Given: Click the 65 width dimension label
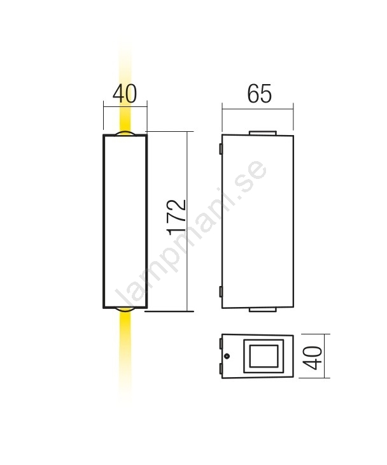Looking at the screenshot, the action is (259, 94).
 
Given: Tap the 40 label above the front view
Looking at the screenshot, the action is (125, 94).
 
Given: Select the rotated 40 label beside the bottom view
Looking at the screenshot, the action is (314, 357).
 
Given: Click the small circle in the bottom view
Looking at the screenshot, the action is (227, 356).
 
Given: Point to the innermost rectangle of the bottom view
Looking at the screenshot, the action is (264, 356).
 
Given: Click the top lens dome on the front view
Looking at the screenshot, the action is (125, 133).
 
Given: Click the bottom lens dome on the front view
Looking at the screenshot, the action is (125, 310).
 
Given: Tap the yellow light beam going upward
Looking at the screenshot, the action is (125, 89).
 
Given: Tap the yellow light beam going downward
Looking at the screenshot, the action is (125, 353).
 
